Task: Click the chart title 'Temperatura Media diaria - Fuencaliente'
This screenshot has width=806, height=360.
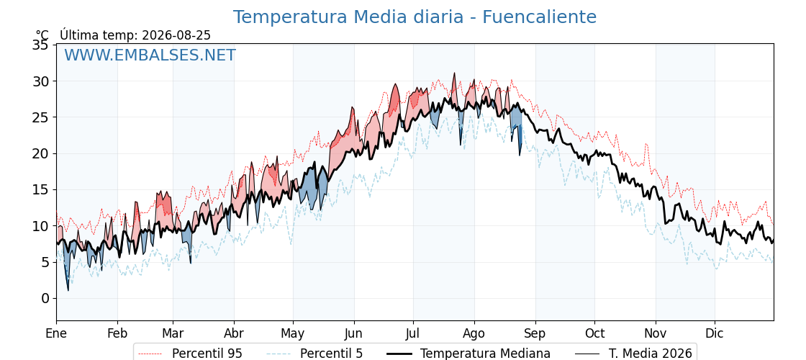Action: tap(415, 17)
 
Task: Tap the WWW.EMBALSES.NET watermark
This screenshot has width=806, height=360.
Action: tap(150, 55)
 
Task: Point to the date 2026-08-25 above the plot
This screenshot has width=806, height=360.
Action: tap(176, 35)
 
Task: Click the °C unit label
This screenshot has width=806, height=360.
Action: tap(42, 35)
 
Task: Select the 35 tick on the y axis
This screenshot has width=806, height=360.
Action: tap(41, 45)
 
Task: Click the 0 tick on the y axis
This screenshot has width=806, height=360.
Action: tap(45, 298)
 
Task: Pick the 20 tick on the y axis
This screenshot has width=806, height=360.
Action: tap(41, 154)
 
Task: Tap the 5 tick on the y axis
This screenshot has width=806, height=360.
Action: tap(45, 262)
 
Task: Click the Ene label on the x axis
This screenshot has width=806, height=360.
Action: tap(57, 333)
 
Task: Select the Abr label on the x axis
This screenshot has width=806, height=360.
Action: tap(234, 333)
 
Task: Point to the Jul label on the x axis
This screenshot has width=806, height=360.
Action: tap(413, 333)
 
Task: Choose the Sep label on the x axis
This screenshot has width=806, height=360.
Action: tap(535, 333)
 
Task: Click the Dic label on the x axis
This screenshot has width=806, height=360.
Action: tap(715, 333)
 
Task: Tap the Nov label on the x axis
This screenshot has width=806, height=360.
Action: tap(656, 333)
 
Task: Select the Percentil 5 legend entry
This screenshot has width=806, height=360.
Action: tap(314, 354)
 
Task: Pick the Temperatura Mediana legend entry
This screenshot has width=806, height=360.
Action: tap(468, 354)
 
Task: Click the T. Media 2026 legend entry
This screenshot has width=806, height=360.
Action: tap(633, 354)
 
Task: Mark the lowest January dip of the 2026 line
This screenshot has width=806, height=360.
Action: tap(68, 291)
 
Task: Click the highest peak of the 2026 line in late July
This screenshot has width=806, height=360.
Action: tap(454, 73)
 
